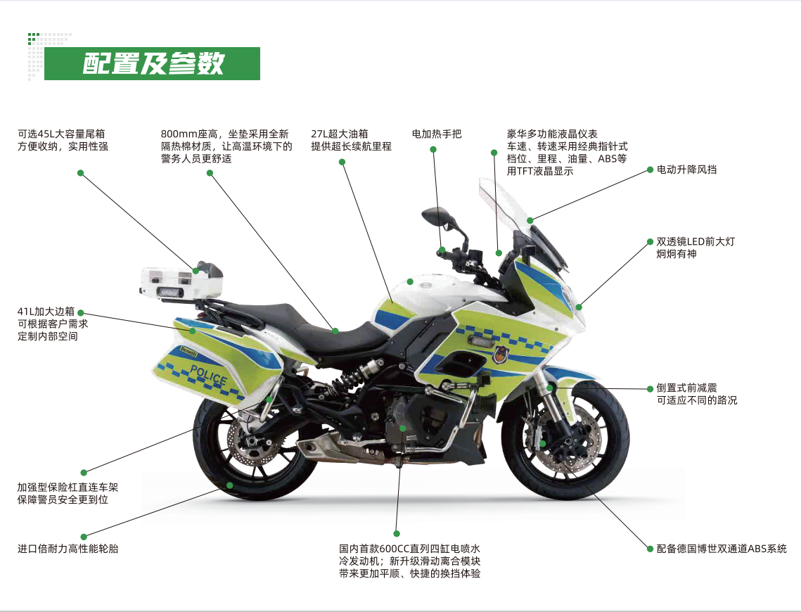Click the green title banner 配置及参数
point(152,63)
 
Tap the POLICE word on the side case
point(208,376)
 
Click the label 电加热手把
point(437,134)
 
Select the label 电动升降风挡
point(686,170)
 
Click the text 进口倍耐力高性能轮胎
point(68,548)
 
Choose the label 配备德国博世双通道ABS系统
point(722,549)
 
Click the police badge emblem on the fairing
point(499,352)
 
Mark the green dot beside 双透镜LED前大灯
point(650,241)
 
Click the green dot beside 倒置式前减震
point(650,388)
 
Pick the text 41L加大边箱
point(46,312)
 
